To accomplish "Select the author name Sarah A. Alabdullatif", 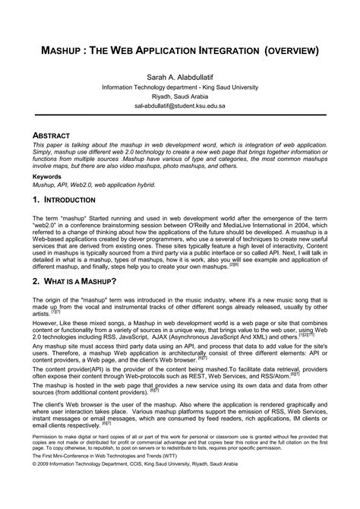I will [180, 77].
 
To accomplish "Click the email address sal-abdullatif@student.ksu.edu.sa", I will [180, 107].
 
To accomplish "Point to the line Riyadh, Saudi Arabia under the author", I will [180, 97].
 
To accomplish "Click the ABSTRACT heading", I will [55, 134].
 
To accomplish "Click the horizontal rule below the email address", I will [180, 115].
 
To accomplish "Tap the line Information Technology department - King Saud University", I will [180, 87].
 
